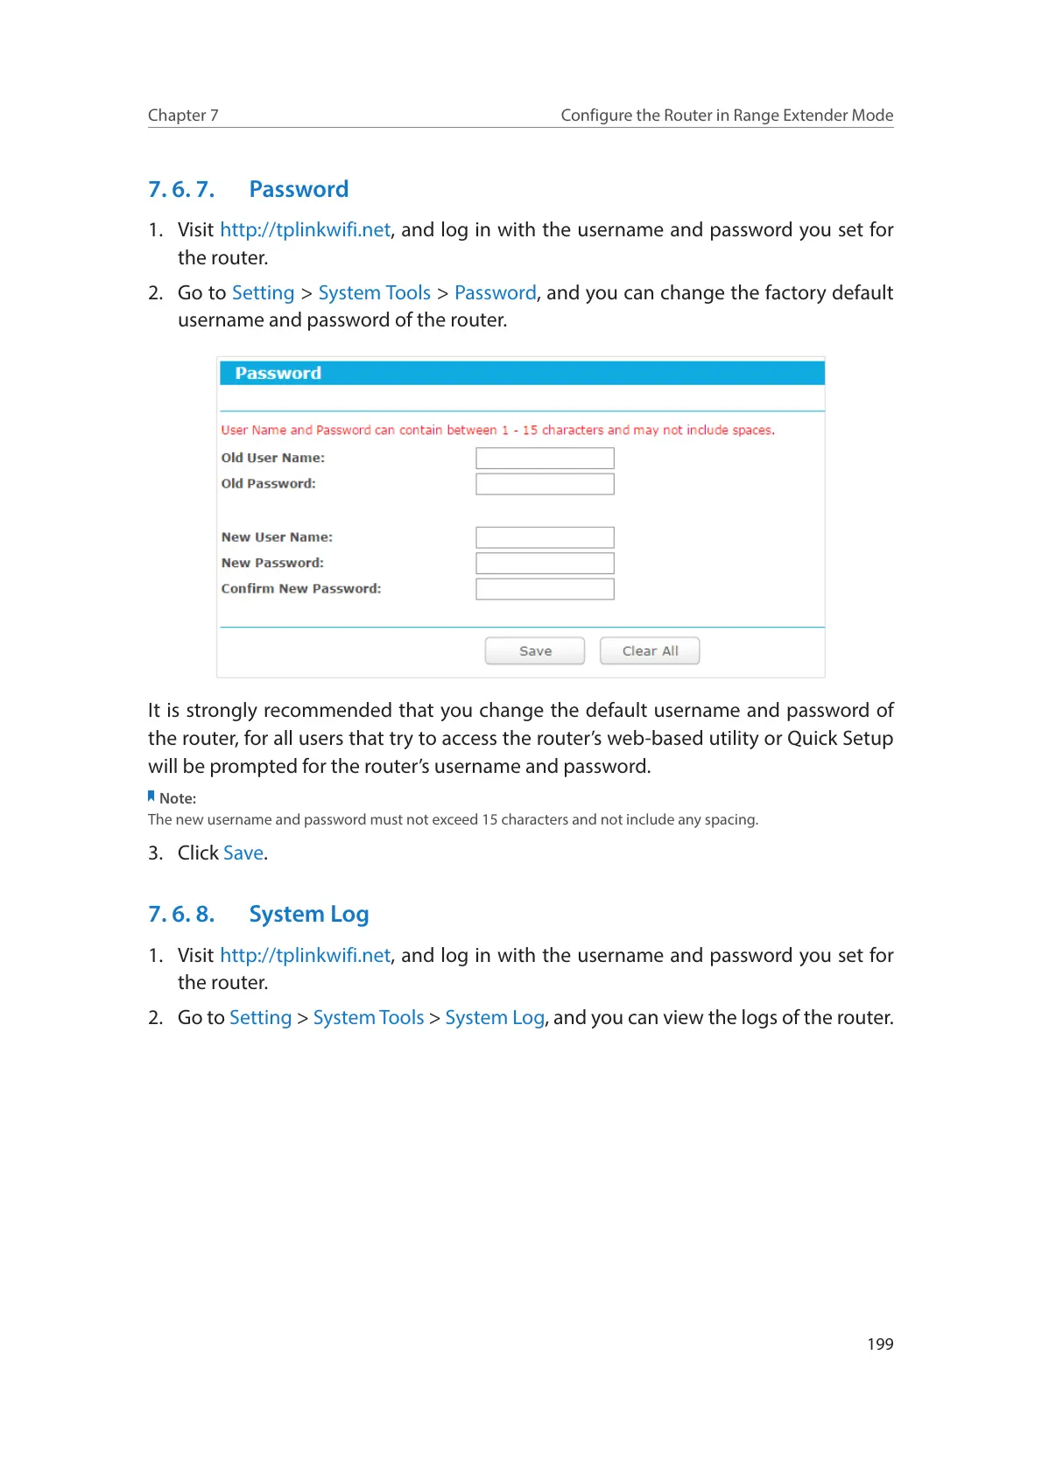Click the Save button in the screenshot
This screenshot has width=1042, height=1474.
tap(534, 651)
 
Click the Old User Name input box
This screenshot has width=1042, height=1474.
tap(545, 458)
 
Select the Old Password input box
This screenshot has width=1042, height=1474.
tap(545, 484)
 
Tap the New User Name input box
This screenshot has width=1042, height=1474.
tap(545, 537)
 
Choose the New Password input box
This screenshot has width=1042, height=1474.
tap(545, 563)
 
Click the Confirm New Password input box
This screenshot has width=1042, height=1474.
tap(545, 589)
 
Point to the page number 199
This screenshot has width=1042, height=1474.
tap(880, 1344)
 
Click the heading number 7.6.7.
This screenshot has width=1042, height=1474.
tap(181, 190)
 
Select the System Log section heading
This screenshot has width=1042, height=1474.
tap(308, 915)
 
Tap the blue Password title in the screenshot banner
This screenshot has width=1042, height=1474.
tap(278, 374)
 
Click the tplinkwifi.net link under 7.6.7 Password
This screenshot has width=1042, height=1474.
tap(305, 230)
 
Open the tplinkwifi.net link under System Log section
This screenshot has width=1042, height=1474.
tap(305, 956)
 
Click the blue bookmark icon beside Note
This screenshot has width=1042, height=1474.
tap(151, 797)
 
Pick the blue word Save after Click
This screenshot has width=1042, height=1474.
tap(243, 853)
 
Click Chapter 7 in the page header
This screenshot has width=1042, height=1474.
tap(183, 116)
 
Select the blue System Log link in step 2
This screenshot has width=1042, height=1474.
tap(495, 1018)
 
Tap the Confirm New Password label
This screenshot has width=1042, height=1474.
tap(301, 589)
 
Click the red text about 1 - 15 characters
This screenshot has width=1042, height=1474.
tap(497, 431)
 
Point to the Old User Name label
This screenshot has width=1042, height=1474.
tap(272, 458)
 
